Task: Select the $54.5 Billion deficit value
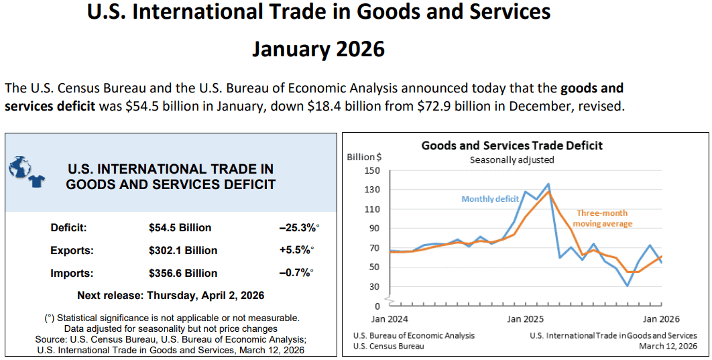[180, 228]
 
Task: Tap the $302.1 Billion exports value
[183, 251]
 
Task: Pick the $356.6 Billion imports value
[183, 274]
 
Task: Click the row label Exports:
[72, 251]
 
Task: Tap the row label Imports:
[72, 274]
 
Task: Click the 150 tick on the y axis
[372, 170]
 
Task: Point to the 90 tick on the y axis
[375, 229]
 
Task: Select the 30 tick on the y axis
[375, 287]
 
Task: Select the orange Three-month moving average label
[603, 219]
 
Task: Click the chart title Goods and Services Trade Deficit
[512, 145]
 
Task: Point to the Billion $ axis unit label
[364, 157]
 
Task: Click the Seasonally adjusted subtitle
[512, 160]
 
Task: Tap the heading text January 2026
[318, 49]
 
